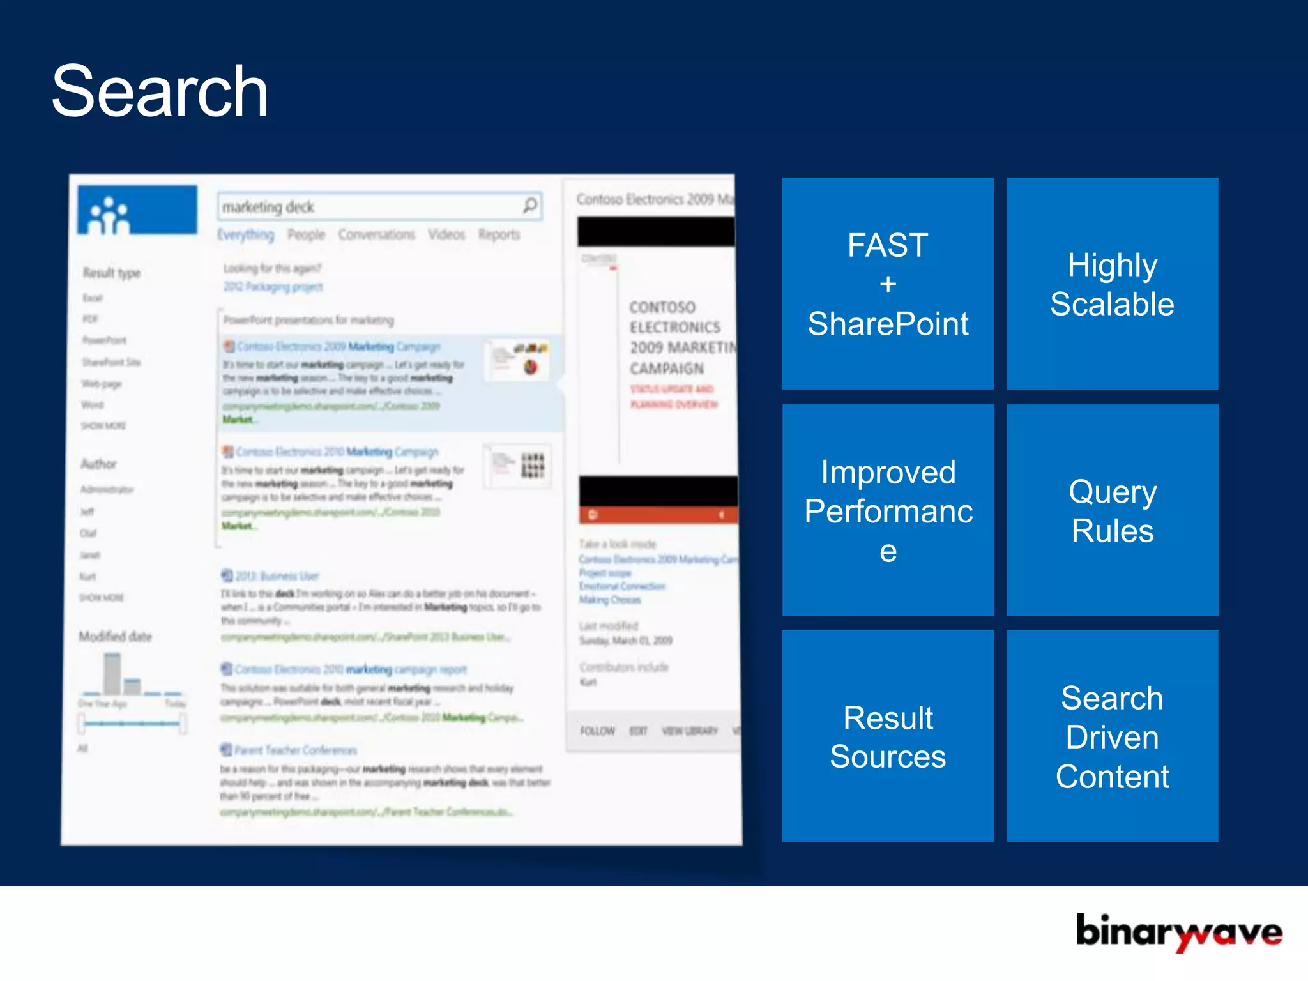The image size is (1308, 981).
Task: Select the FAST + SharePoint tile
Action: (888, 284)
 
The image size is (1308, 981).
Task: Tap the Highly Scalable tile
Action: (1112, 284)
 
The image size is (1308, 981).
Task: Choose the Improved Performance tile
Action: (888, 510)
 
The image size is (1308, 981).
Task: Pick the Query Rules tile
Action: (1112, 510)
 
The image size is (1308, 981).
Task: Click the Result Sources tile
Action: (888, 736)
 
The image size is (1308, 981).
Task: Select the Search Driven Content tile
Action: (1112, 736)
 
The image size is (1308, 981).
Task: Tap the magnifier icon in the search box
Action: (530, 206)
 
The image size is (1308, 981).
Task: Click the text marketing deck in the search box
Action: (268, 207)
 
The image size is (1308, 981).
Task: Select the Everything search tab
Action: (245, 234)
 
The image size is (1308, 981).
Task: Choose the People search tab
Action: (306, 234)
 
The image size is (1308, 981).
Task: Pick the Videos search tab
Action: (446, 234)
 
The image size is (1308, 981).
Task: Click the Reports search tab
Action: (499, 234)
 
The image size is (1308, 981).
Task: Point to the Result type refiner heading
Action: (112, 273)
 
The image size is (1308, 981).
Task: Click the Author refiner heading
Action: (98, 464)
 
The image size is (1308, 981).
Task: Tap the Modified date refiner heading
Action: (116, 636)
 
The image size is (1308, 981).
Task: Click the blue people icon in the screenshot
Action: (109, 215)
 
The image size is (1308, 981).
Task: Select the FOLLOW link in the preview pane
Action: (597, 731)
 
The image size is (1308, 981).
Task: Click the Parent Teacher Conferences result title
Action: (294, 750)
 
